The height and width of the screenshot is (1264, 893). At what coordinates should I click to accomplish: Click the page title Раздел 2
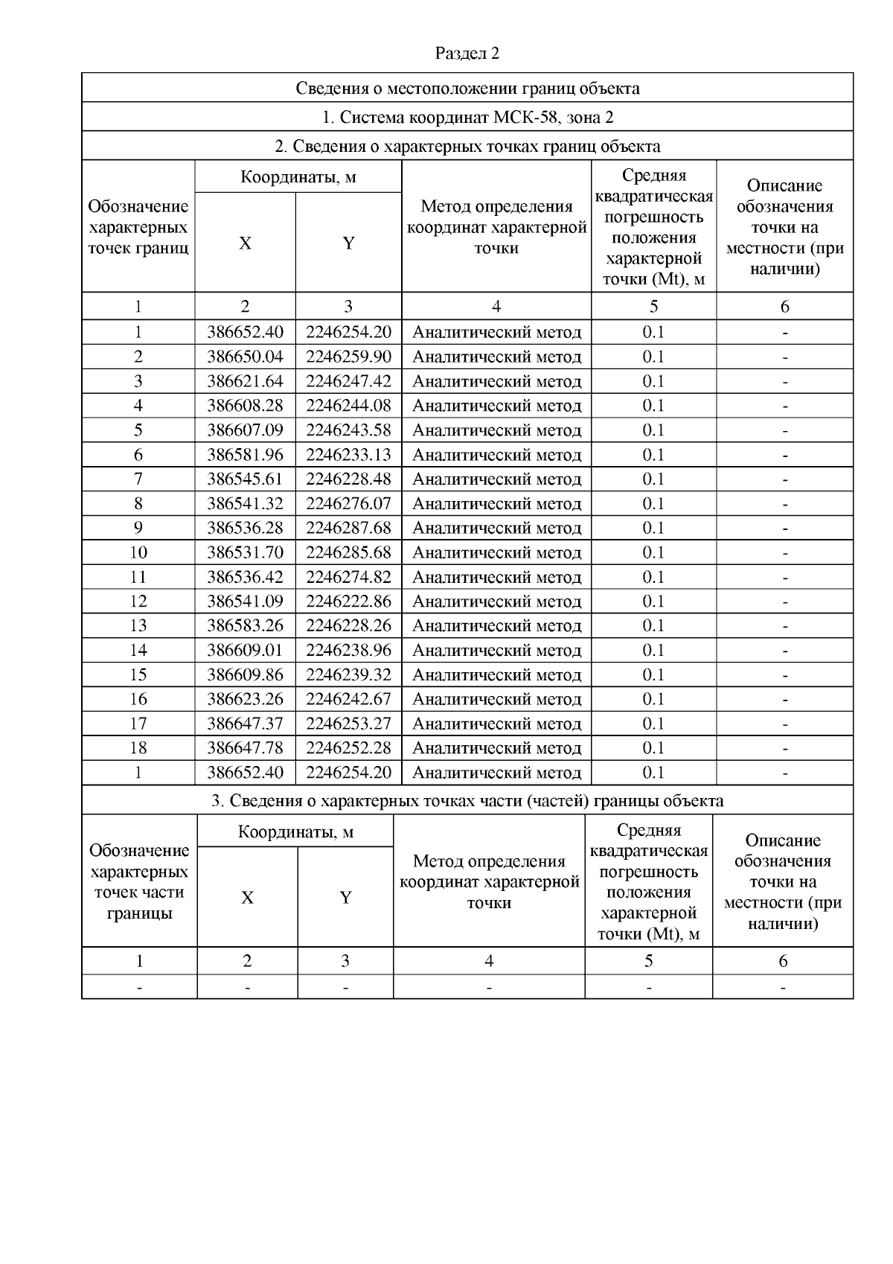coord(467,54)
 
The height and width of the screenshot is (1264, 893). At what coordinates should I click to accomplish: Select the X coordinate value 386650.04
coord(245,357)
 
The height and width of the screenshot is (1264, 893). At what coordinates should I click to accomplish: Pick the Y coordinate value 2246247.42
coord(348,381)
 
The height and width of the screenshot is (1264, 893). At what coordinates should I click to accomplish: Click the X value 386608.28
coord(245,406)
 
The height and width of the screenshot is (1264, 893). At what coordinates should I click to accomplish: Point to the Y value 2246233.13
coord(348,454)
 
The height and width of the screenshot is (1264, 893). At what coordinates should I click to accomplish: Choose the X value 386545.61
coord(245,479)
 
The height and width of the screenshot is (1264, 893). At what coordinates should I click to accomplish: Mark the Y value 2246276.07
coord(348,503)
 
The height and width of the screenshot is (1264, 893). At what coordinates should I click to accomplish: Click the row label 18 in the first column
coord(138,747)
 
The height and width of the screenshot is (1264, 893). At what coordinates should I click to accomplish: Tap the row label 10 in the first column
coord(138,552)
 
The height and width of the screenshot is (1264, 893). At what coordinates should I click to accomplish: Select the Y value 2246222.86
coord(348,601)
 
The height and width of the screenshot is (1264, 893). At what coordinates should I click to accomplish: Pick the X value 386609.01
coord(245,650)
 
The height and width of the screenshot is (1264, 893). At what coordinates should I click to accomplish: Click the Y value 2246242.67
coord(348,699)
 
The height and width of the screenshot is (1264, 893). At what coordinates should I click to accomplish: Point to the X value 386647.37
coord(245,724)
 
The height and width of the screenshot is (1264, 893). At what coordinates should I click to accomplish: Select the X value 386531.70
coord(245,552)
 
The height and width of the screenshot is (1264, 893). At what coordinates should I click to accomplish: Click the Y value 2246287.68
coord(348,528)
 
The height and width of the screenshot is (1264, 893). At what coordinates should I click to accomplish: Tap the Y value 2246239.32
coord(348,674)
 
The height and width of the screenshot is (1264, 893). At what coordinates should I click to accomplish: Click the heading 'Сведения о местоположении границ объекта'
coord(467,89)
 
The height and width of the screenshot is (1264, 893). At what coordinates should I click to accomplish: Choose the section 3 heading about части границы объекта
coord(467,801)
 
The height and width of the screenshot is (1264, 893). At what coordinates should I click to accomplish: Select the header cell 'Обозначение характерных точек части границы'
coord(139,881)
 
